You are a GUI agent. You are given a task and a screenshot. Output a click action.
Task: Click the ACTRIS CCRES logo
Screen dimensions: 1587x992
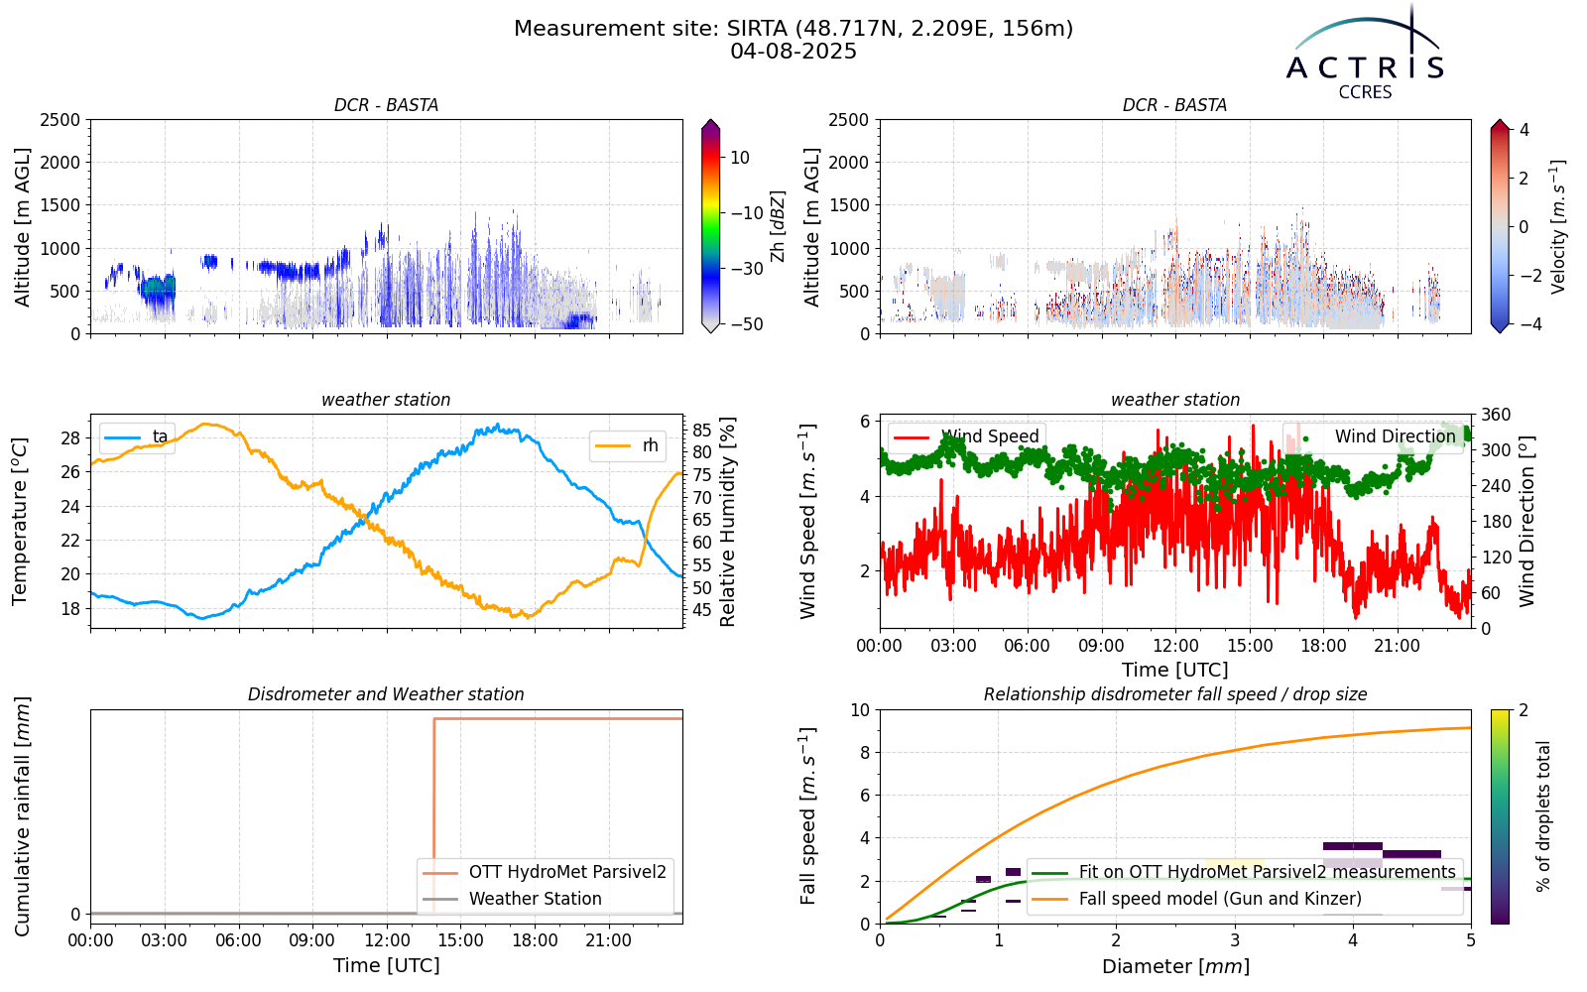pos(1365,54)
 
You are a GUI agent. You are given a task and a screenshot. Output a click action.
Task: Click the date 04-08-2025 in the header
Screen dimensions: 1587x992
pos(793,52)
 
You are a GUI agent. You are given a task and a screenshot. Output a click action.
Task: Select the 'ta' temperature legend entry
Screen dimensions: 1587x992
pos(137,437)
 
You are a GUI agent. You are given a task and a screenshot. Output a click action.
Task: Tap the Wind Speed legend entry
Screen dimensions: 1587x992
pos(966,436)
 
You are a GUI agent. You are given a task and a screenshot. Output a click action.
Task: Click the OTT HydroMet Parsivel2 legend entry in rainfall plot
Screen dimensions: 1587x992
pos(545,872)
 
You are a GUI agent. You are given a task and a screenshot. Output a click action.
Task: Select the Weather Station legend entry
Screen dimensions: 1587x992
pos(512,899)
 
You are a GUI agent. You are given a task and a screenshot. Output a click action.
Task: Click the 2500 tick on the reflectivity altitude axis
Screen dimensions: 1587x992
pos(61,120)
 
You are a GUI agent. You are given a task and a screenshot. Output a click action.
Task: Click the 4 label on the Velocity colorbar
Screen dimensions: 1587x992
pos(1524,130)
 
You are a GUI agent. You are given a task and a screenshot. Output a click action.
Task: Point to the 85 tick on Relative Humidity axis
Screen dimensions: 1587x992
pos(701,431)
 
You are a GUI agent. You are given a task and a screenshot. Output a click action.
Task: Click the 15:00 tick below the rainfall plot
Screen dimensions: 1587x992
pos(461,941)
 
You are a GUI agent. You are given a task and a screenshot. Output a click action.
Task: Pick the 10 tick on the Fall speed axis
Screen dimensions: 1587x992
pos(860,710)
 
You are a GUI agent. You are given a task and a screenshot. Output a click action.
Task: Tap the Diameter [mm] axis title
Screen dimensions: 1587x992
pos(1175,967)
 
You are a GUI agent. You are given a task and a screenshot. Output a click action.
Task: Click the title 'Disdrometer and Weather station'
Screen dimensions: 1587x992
pos(386,694)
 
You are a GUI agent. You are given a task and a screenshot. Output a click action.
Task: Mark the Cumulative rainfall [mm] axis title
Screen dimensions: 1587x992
pos(22,816)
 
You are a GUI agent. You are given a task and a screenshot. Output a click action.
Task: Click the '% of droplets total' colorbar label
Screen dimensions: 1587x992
pos(1543,816)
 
